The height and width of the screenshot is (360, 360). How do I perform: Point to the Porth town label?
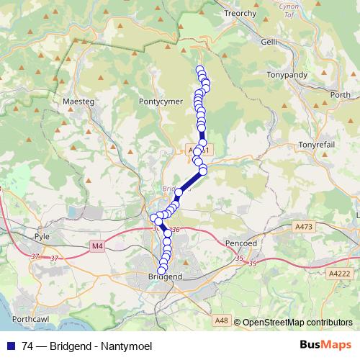point(340,94)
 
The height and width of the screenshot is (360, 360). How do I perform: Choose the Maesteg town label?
point(79,102)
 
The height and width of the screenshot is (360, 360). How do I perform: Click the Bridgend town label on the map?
point(164,276)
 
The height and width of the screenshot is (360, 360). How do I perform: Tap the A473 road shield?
point(305,227)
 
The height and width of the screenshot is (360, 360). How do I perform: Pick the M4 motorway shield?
point(98,246)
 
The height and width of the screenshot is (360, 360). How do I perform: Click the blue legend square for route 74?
point(11,345)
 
